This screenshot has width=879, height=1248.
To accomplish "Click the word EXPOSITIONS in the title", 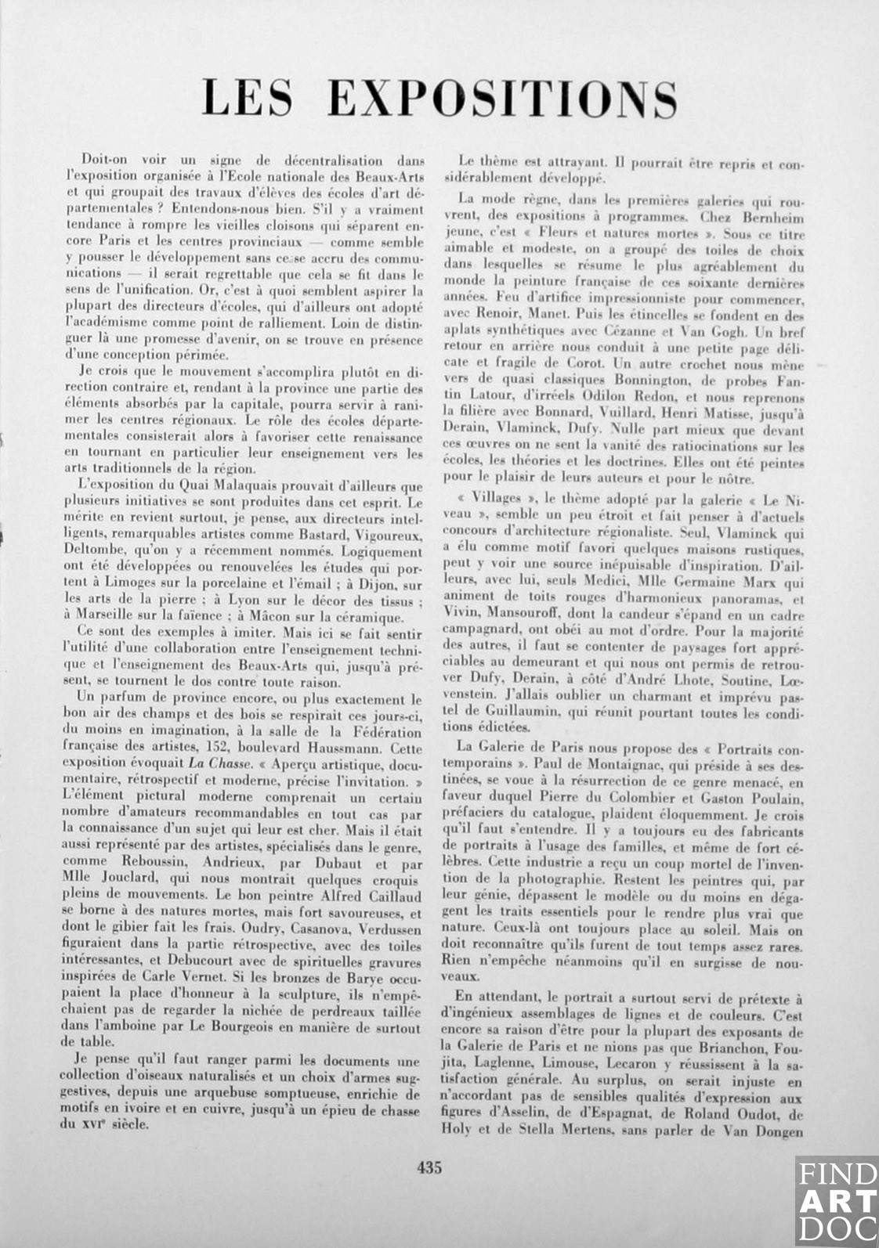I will point(501,99).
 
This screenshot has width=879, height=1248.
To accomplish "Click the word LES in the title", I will point(248,99).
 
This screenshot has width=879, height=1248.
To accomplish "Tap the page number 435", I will point(429,1167).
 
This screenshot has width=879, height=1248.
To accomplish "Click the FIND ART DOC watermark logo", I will point(837,1201).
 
